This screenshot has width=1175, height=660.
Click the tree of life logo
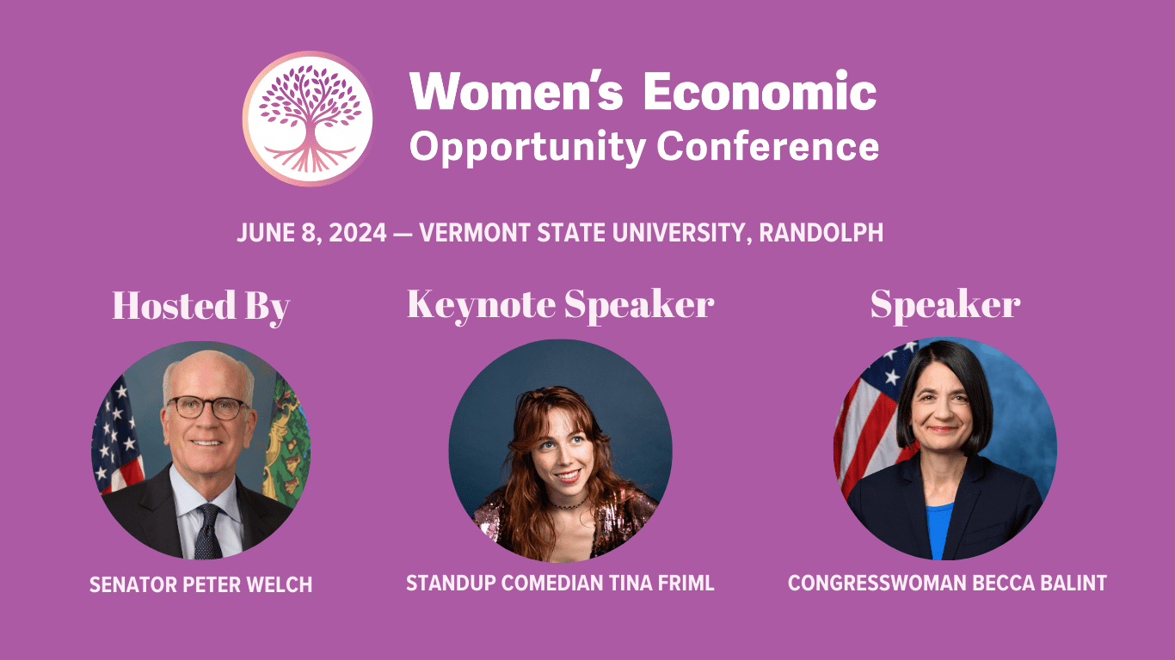308,119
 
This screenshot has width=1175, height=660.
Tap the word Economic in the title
760,91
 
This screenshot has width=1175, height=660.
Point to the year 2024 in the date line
358,233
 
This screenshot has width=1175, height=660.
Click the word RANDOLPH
821,233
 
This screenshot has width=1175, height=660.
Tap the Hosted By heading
201,306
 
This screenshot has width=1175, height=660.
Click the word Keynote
482,305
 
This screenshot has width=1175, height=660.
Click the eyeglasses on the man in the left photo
208,407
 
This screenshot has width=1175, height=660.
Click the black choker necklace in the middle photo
569,504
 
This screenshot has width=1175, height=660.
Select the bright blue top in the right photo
939,530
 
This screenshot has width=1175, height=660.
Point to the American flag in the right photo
870,419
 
